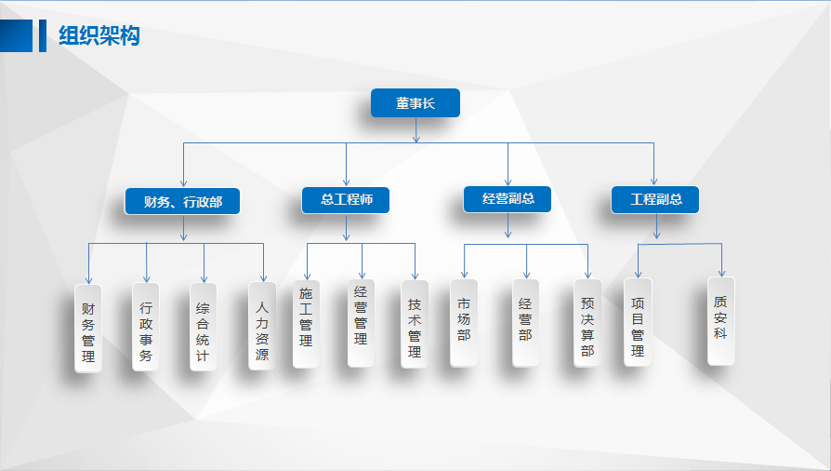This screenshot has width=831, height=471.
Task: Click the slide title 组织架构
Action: tap(99, 36)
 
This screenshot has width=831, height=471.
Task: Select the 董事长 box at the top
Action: tap(415, 103)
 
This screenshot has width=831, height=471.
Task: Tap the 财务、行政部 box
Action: tap(183, 202)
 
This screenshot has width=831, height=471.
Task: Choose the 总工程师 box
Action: tap(346, 200)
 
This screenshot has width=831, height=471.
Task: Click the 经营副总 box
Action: tap(508, 199)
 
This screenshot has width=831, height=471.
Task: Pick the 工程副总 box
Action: tap(655, 200)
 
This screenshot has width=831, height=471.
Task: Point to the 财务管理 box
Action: tap(88, 329)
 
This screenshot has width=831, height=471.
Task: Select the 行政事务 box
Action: tap(146, 328)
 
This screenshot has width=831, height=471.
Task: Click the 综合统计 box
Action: tap(204, 328)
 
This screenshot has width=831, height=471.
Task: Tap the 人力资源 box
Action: tap(262, 326)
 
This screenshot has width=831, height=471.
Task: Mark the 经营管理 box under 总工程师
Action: tap(362, 322)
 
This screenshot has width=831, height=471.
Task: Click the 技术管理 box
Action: tap(415, 323)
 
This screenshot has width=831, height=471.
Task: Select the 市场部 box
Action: tap(464, 322)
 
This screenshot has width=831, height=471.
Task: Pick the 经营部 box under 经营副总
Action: tap(525, 322)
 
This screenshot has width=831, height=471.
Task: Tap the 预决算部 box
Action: tap(587, 323)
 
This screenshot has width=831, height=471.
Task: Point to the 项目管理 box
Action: tap(638, 322)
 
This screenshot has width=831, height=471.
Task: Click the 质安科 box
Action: tap(720, 320)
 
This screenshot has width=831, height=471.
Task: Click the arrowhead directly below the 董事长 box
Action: tap(415, 138)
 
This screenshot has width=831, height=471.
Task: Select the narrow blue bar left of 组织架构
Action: tap(42, 35)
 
